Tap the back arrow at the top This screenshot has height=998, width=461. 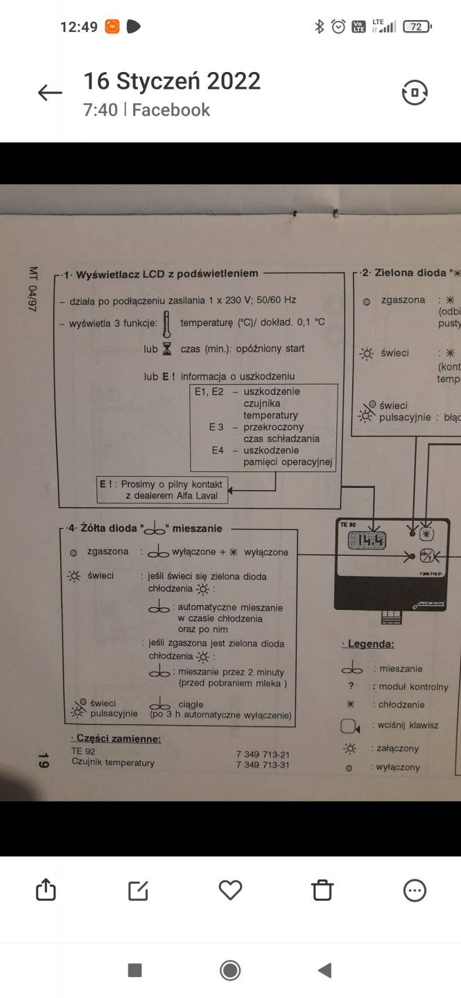tap(50, 93)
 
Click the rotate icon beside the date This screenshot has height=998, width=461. tap(415, 93)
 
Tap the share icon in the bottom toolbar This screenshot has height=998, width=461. tap(46, 890)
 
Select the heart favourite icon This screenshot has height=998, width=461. tap(230, 890)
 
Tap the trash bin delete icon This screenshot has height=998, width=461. tap(322, 890)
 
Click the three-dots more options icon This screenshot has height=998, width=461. tap(415, 890)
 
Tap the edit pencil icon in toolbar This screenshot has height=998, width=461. tap(138, 890)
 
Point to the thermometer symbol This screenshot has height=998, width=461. tap(167, 322)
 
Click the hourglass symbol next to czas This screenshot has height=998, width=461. tap(167, 349)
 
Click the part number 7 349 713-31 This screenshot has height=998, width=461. tap(263, 764)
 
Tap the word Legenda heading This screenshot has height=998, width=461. tap(369, 644)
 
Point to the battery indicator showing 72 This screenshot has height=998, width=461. tap(417, 27)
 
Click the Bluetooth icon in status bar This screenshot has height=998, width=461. tap(320, 27)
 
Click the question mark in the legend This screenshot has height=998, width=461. tap(351, 686)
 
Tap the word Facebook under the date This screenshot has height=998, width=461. tap(171, 110)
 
